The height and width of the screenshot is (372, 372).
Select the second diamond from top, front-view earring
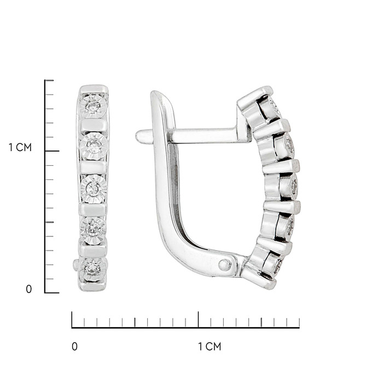point(94,147)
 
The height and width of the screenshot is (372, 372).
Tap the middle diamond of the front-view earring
point(94,189)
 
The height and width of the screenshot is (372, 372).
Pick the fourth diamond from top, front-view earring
point(93,230)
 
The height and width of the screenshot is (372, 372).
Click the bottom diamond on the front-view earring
point(92,270)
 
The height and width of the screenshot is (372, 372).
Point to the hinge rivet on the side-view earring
point(224,265)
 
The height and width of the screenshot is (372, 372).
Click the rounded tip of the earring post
point(139,136)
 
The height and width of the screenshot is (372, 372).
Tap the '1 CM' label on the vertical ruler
point(20,147)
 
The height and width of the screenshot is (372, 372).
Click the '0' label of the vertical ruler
point(28,289)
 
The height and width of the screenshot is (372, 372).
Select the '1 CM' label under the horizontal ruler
point(210,347)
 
